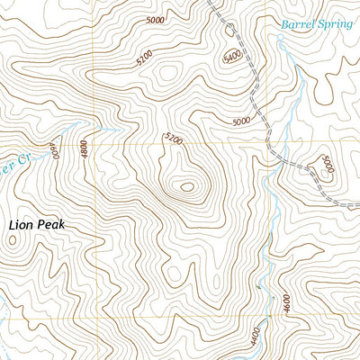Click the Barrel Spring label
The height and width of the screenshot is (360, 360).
pos(317,24)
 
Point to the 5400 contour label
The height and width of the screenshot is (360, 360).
pos(232,58)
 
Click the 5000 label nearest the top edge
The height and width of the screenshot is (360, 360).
pos(155,19)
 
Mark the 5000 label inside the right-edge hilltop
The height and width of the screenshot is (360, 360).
pos(327,166)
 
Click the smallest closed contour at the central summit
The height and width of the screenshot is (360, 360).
pos(186,187)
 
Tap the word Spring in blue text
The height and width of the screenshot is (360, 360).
pos(337,24)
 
